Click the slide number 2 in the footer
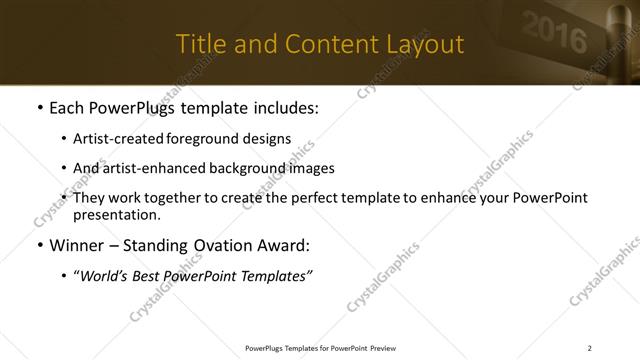pyautogui.click(x=590, y=348)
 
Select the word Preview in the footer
pyautogui.click(x=383, y=348)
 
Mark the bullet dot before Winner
pyautogui.click(x=39, y=245)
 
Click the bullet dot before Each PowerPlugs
pyautogui.click(x=39, y=108)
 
